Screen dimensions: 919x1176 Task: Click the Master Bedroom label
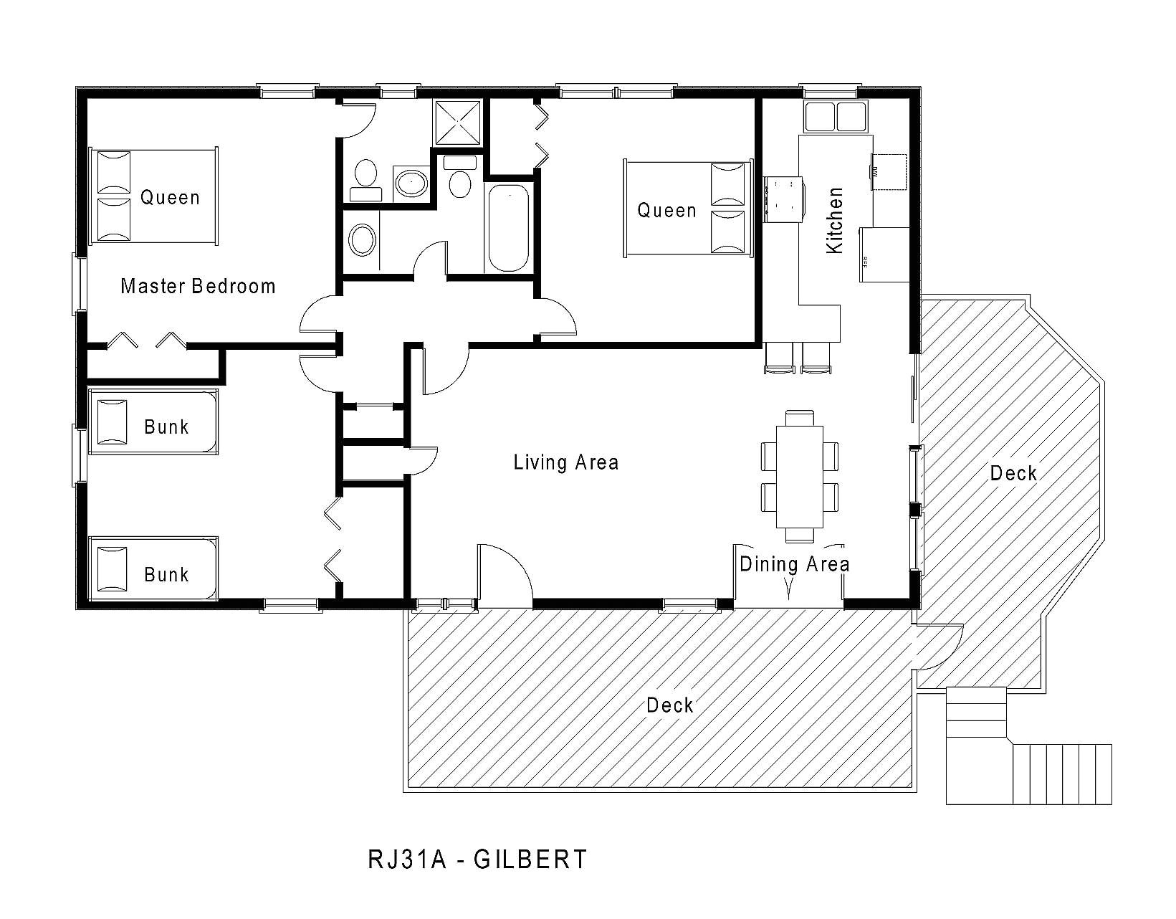(198, 287)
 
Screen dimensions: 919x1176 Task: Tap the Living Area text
(565, 462)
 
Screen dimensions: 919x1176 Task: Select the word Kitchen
(835, 220)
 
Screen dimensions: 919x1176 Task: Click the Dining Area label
(794, 564)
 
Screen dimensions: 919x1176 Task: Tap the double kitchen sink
(835, 117)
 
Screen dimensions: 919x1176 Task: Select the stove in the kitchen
(783, 200)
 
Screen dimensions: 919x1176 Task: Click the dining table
(799, 476)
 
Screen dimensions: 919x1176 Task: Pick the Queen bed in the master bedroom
(153, 196)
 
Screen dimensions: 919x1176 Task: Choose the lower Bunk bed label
(166, 574)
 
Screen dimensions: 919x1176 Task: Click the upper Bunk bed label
(166, 427)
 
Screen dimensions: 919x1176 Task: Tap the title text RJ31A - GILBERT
(477, 859)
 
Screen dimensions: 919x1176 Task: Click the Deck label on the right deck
(1013, 473)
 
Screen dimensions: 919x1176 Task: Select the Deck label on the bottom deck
(669, 705)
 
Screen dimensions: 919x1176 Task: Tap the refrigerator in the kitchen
(884, 254)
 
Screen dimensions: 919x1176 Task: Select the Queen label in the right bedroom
(666, 211)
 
